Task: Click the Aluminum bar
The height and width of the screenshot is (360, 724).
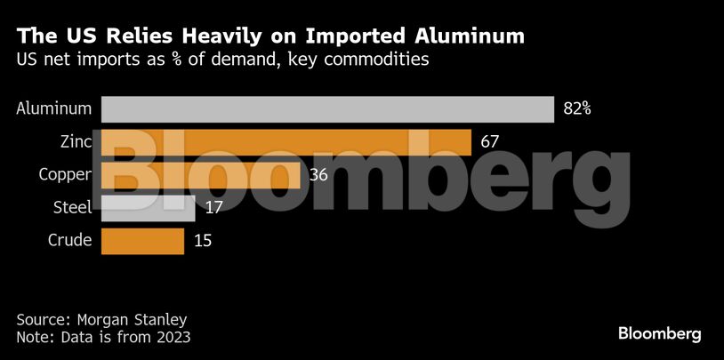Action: pos(327,108)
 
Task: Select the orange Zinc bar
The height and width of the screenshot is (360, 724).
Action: pos(286,142)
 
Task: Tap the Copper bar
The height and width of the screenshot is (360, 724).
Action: pos(200,175)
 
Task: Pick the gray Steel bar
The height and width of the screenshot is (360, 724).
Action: pos(148,208)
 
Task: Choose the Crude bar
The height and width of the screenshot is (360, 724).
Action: pos(142,241)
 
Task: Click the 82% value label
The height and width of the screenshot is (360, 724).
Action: pos(577,109)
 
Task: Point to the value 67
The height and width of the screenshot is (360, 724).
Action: pos(490,142)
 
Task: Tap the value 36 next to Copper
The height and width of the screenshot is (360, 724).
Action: pos(318,175)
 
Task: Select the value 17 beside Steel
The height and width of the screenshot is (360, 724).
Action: pos(213,208)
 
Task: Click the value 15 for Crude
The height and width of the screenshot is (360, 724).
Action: pos(202,241)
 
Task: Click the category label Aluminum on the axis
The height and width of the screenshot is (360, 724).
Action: pos(54,109)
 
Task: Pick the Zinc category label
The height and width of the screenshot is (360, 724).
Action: pos(73,142)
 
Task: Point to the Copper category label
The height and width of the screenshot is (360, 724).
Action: pos(65,175)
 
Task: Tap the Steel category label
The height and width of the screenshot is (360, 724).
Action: pos(73,208)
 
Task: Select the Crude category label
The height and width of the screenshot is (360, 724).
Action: pos(69,241)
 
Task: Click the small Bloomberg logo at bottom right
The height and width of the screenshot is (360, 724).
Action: pos(660,334)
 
